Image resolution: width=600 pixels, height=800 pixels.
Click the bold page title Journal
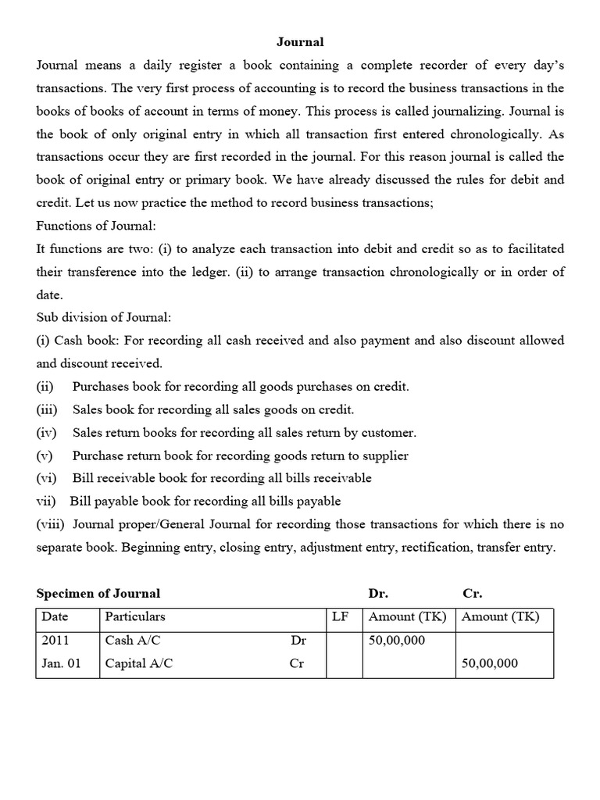click(x=300, y=42)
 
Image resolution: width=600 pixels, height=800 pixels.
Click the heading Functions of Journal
click(x=96, y=226)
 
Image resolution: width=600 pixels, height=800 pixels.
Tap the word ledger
click(x=240, y=272)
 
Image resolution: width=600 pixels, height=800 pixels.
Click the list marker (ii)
click(x=45, y=386)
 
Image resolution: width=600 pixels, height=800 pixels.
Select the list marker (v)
click(x=45, y=455)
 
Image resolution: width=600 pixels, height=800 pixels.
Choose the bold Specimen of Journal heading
click(x=98, y=594)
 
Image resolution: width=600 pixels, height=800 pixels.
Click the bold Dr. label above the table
click(x=377, y=594)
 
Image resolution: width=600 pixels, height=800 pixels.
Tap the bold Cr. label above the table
click(x=472, y=594)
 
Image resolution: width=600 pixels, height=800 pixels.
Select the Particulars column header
click(x=135, y=616)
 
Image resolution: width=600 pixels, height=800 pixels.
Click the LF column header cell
click(x=340, y=616)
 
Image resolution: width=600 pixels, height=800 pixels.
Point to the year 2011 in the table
click(x=55, y=640)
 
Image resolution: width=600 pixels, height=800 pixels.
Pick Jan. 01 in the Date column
click(x=61, y=663)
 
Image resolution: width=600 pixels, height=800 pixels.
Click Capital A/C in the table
click(x=139, y=663)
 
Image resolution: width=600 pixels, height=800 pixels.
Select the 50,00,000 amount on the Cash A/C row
click(x=397, y=640)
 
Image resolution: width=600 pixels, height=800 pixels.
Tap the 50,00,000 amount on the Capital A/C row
click(x=490, y=663)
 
